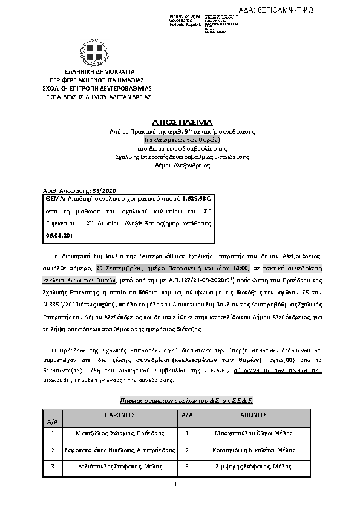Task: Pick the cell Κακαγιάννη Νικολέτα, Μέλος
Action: [x=254, y=450]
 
